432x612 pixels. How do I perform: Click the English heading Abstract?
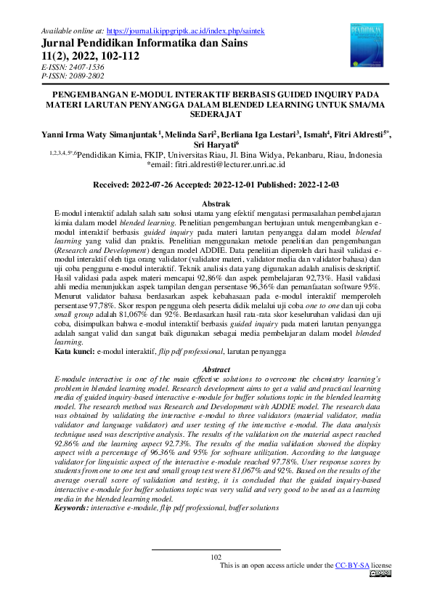[x=216, y=369]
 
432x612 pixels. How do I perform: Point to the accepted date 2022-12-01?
[x=236, y=186]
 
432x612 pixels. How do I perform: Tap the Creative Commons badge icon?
[x=380, y=573]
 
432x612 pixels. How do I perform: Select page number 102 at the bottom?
[x=216, y=556]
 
